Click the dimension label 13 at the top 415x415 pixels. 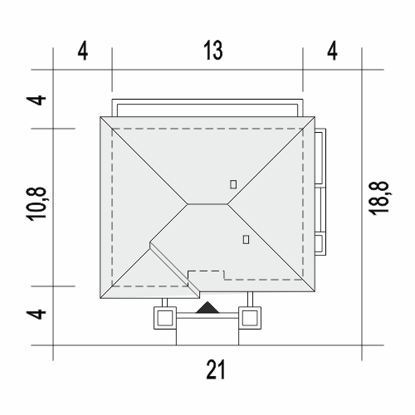pyautogui.click(x=213, y=51)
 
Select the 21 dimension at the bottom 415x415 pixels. pyautogui.click(x=216, y=369)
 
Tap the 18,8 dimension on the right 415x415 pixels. pyautogui.click(x=378, y=198)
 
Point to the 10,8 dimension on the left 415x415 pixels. pyautogui.click(x=37, y=204)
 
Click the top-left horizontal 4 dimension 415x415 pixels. pyautogui.click(x=83, y=51)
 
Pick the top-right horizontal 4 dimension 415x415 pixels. pyautogui.click(x=332, y=51)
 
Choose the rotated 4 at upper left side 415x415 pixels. pyautogui.click(x=37, y=100)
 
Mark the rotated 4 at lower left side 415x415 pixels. pyautogui.click(x=37, y=315)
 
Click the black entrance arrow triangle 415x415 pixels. pyautogui.click(x=207, y=308)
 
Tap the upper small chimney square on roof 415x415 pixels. pyautogui.click(x=233, y=184)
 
